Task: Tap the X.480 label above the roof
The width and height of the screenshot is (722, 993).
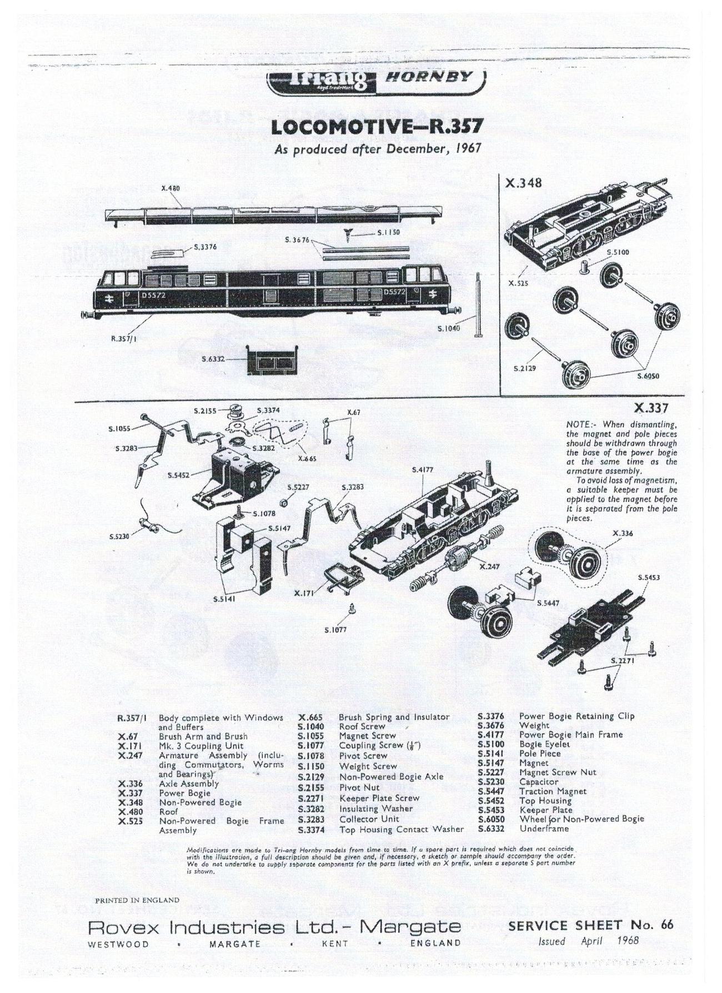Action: (170, 188)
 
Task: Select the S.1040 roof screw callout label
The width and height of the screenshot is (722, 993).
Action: (449, 329)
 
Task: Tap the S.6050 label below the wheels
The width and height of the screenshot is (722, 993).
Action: (648, 377)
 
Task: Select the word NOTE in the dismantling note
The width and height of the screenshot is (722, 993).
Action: (579, 425)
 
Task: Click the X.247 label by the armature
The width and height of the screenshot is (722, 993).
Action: (490, 567)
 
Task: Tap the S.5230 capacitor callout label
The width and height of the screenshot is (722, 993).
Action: (119, 536)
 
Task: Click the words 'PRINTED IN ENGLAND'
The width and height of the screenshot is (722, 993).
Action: (137, 900)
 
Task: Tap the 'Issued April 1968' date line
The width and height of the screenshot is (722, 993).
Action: (589, 941)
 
